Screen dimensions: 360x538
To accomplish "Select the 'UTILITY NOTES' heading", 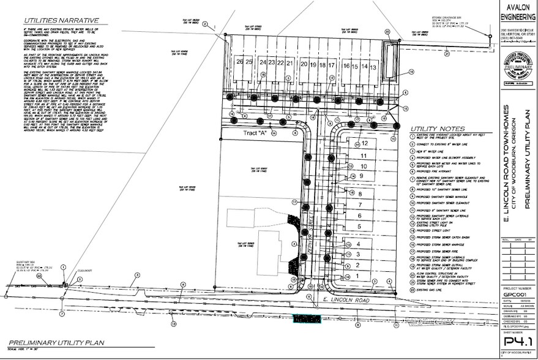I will [x=430, y=127].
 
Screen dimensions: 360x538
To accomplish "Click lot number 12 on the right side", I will [x=365, y=143].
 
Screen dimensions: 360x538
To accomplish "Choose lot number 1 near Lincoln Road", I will [x=357, y=276].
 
